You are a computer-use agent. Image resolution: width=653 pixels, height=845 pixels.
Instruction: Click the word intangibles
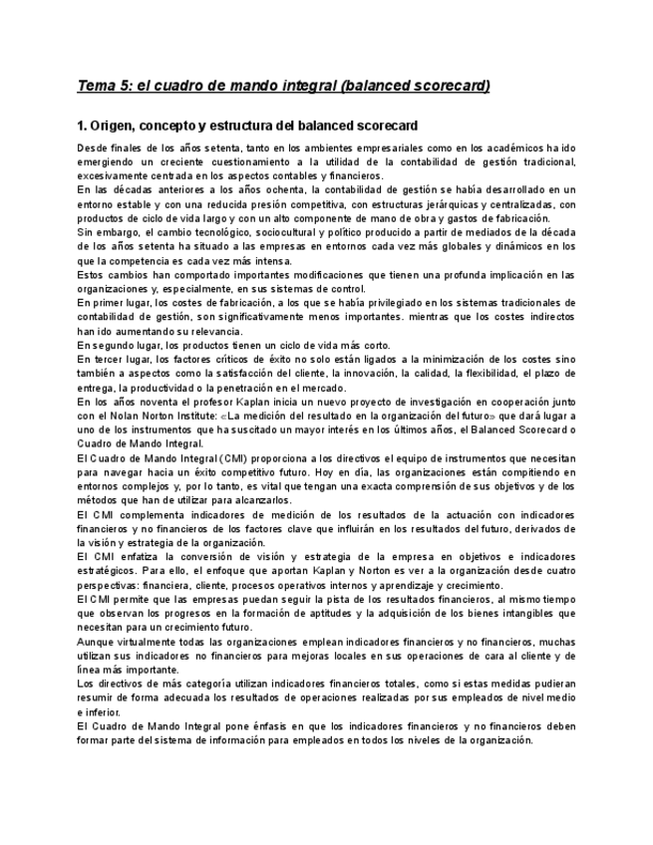(529, 614)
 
